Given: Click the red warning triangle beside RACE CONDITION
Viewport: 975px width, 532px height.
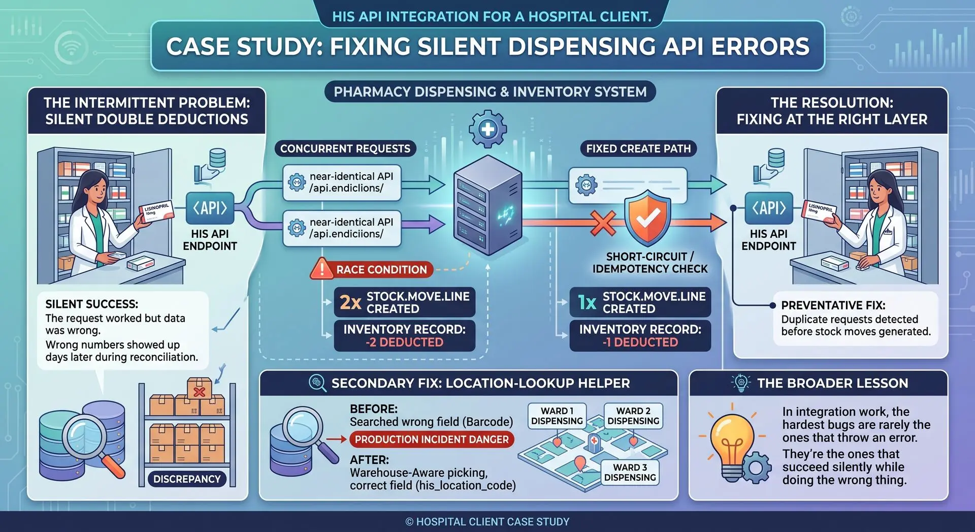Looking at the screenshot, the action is pyautogui.click(x=321, y=269).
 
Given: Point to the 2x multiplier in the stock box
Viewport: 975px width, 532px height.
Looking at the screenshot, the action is pyautogui.click(x=350, y=302).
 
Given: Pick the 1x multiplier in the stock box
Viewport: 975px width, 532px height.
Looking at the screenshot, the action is pyautogui.click(x=587, y=302).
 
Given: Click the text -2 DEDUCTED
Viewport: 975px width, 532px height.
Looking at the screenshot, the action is pyautogui.click(x=404, y=342).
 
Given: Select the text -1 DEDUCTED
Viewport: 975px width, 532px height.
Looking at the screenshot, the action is pyautogui.click(x=640, y=342).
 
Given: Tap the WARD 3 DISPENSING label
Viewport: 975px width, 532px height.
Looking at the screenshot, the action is pyautogui.click(x=630, y=472).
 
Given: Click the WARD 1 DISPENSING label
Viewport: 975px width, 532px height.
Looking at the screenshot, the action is pyautogui.click(x=557, y=416).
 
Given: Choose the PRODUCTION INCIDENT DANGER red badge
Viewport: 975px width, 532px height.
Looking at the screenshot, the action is pyautogui.click(x=432, y=440).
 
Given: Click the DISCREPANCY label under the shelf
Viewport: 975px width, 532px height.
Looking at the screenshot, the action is pyautogui.click(x=187, y=479).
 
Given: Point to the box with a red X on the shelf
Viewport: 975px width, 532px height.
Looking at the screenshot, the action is pyautogui.click(x=200, y=389).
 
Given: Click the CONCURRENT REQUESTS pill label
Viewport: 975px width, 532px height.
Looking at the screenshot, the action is pyautogui.click(x=345, y=148).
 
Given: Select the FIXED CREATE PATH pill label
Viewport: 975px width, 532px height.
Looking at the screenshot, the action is pyautogui.click(x=638, y=148).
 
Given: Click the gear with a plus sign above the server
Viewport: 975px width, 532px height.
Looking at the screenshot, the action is pyautogui.click(x=487, y=129).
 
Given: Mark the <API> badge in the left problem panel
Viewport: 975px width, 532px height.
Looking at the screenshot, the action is pyautogui.click(x=210, y=208).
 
